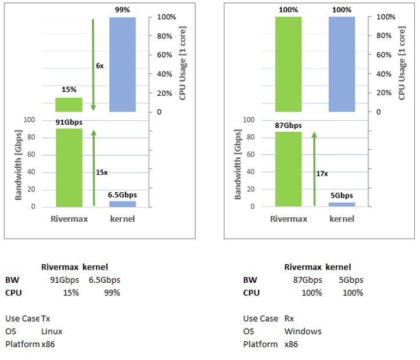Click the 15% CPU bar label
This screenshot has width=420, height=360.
click(69, 90)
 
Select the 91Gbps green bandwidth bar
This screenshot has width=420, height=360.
click(69, 168)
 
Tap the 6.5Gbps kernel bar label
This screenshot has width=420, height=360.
click(122, 195)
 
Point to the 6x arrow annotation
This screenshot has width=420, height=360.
click(99, 66)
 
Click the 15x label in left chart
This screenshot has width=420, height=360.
click(101, 172)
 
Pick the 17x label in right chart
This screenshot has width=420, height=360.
click(321, 173)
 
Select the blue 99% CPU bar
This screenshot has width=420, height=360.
click(123, 64)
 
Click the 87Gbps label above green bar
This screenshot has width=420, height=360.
click(288, 125)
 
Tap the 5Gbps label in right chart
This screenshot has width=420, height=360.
click(342, 196)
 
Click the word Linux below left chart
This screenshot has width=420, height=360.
click(52, 332)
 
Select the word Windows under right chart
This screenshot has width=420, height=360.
click(303, 332)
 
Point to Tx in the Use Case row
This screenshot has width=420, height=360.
click(46, 319)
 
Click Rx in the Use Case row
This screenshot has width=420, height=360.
click(289, 319)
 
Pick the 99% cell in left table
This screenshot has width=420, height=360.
click(112, 293)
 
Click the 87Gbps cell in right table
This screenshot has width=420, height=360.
click(307, 280)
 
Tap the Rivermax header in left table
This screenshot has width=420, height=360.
click(59, 267)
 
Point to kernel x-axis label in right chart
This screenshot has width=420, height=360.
click(342, 219)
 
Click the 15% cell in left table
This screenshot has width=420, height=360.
click(71, 293)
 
